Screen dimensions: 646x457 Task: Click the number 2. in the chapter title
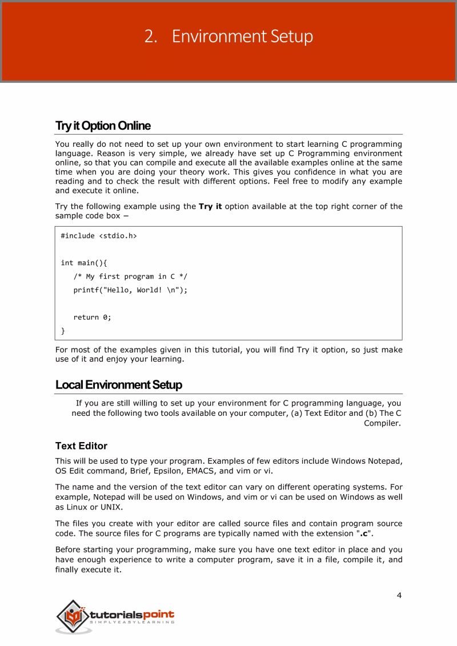(151, 37)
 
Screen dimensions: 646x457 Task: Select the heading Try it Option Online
(103, 126)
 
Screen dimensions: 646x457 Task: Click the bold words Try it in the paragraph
(210, 206)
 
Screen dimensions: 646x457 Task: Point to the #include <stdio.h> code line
(99, 235)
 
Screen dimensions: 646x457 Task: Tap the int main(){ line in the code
(84, 263)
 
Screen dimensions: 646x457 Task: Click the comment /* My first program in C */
(130, 276)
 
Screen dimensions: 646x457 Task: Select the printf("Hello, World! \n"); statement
(130, 290)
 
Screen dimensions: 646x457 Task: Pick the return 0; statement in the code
(92, 317)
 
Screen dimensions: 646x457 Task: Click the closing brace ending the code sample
(63, 331)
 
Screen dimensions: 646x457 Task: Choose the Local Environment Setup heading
(119, 385)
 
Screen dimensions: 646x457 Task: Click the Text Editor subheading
(81, 446)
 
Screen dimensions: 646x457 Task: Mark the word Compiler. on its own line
(382, 424)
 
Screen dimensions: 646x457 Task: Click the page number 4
(399, 596)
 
